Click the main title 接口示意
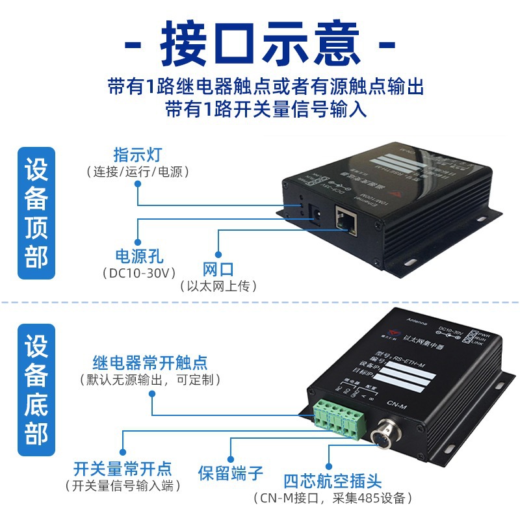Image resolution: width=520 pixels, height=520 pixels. click(260, 44)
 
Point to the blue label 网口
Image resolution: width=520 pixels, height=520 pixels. click(218, 269)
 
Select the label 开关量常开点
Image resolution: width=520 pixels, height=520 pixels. click(123, 468)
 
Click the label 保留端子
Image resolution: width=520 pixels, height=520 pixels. click(231, 473)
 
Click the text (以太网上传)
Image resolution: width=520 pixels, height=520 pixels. click(218, 286)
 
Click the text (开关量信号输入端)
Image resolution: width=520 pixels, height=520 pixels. click(123, 486)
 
